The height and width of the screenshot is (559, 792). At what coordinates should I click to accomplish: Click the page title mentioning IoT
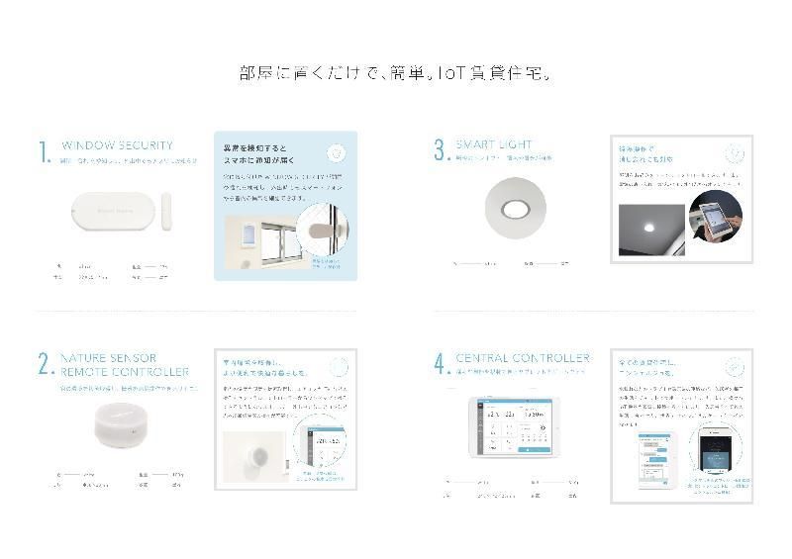tap(396, 73)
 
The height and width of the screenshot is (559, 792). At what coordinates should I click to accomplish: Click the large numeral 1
tap(44, 152)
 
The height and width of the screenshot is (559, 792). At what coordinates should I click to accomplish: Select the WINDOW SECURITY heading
tap(117, 144)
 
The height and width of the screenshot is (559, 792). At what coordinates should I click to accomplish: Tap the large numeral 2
tap(45, 364)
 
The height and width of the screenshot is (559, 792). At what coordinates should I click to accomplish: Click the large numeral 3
tap(441, 150)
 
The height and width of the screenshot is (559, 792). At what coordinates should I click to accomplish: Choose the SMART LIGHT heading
tap(493, 144)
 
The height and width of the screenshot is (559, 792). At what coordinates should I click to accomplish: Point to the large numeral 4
tap(441, 365)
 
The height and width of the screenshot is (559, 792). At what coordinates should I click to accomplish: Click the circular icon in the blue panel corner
tap(337, 153)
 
